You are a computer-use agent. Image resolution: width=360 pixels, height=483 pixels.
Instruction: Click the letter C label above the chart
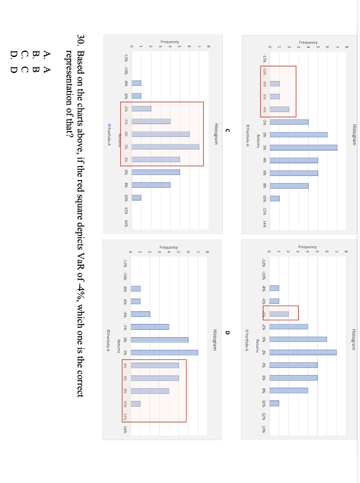tap(227, 130)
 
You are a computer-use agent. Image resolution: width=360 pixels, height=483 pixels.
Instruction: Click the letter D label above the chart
tap(227, 333)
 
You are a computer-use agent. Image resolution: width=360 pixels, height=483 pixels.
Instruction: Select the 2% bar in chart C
tap(165, 147)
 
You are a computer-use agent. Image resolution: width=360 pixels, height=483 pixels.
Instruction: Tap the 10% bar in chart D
tap(136, 403)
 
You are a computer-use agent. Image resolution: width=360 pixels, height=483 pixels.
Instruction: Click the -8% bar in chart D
tap(136, 289)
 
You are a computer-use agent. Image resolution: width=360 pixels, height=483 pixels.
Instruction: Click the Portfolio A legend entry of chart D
tap(108, 339)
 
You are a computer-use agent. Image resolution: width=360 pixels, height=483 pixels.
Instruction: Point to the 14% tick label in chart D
tap(125, 429)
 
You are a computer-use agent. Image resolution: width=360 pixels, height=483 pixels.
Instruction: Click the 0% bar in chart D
tap(159, 340)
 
